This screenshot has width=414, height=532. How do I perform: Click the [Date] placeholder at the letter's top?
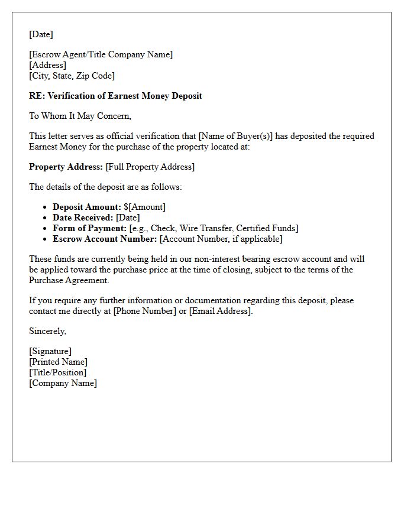[x=41, y=34]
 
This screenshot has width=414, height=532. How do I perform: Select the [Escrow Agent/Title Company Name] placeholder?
[x=101, y=54]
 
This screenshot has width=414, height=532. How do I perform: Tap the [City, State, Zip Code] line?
[x=72, y=76]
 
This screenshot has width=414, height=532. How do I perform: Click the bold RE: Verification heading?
[x=115, y=96]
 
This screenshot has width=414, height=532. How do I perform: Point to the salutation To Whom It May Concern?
[x=80, y=116]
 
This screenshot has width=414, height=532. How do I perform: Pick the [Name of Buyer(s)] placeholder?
[x=237, y=136]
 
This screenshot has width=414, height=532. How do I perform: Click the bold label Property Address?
[x=66, y=167]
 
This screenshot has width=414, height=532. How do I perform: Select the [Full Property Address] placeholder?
[x=150, y=167]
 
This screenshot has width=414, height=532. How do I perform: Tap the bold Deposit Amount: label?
[x=87, y=207]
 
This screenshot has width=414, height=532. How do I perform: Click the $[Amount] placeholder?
[x=145, y=207]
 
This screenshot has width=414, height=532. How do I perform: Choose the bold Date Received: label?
[x=83, y=218]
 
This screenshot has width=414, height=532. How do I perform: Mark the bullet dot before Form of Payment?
[x=45, y=228]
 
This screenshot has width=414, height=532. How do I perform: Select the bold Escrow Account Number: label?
[x=105, y=239]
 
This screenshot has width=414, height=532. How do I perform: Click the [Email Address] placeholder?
[x=220, y=311]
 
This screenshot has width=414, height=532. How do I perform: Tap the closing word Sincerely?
[x=47, y=331]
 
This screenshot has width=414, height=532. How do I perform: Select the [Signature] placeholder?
[x=50, y=351]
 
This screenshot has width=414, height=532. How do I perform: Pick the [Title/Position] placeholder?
[x=57, y=372]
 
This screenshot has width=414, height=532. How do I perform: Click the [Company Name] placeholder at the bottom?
[x=63, y=383]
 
